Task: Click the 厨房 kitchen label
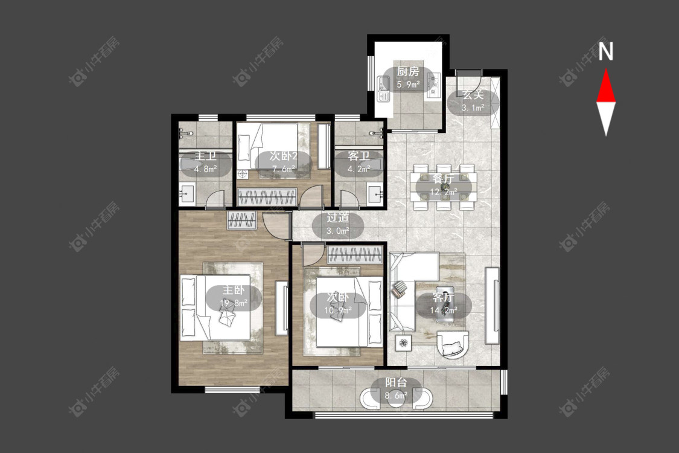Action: click(409, 71)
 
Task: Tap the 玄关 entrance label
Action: click(473, 95)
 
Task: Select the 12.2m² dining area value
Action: click(444, 191)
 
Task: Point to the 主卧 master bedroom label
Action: click(234, 290)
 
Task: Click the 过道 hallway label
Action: click(338, 218)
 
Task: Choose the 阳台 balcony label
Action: click(396, 382)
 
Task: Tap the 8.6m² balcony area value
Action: click(396, 396)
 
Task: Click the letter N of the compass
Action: click(606, 51)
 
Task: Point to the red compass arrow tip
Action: click(606, 69)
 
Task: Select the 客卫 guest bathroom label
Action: click(359, 156)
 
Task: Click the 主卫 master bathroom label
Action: click(205, 156)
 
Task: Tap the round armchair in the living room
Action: click(453, 344)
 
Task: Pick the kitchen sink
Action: click(383, 88)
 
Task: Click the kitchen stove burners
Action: click(433, 85)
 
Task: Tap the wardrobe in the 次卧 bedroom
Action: click(355, 255)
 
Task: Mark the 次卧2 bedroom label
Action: click(284, 156)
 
